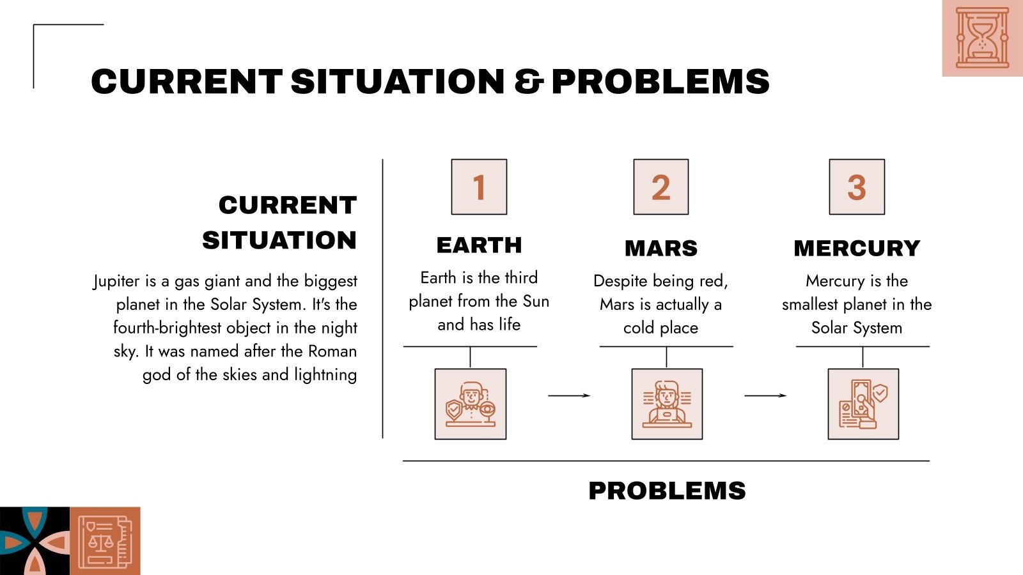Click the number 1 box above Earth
point(479,187)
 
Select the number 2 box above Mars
point(661,187)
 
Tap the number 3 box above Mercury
point(857,187)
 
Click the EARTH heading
point(479,245)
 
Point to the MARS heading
point(661,248)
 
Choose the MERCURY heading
point(857,248)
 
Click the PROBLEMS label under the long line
point(667,491)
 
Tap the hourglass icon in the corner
point(982,38)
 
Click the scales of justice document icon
point(105,542)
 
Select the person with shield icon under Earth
point(471,404)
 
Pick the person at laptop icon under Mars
point(667,404)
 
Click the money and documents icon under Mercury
point(863,404)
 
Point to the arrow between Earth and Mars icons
point(569,395)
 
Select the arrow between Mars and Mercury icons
point(765,395)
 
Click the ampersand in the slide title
point(529,82)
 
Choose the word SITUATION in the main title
point(397,82)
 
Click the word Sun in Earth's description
point(536,301)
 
